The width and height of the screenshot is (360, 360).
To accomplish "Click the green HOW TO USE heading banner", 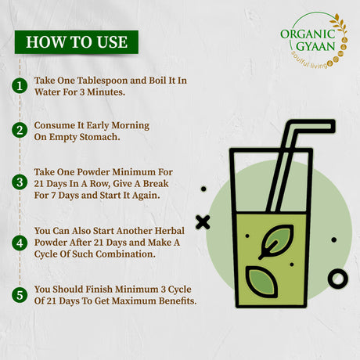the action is coord(77,42).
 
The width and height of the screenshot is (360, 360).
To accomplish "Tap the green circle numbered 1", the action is coord(20,86).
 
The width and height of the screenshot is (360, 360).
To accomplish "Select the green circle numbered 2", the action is coord(20,130).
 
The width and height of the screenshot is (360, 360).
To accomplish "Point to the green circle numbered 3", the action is coord(20,182).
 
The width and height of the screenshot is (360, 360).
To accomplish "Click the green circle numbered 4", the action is coord(20,243).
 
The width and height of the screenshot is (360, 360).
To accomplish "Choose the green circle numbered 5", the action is coord(20,295).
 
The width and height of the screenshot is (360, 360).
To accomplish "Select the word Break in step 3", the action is coord(156,183).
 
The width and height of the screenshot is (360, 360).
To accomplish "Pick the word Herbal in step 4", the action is coord(169,231).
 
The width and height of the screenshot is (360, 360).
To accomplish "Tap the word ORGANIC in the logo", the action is coord(308,34).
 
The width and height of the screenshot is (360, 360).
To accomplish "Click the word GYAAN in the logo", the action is coord(315,46).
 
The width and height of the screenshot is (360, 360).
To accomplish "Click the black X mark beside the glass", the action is coord(203,222).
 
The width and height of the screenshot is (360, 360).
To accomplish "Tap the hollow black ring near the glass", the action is coord(338,279).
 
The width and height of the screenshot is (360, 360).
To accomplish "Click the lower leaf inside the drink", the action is coord(261,282).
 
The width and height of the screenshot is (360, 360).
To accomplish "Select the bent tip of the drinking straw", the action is coord(332,126).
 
